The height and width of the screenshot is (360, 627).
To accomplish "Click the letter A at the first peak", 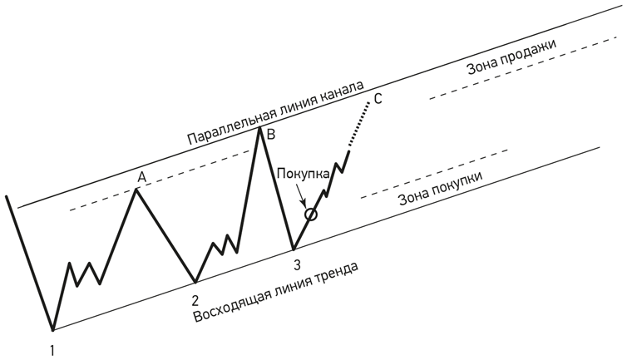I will (x=141, y=177).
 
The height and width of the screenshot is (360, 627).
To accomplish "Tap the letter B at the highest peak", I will (x=271, y=133).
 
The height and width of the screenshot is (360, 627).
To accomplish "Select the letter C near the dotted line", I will (x=378, y=100).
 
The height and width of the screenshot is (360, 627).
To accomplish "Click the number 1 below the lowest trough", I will (x=52, y=351).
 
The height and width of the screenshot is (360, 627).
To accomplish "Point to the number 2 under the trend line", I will (x=195, y=300).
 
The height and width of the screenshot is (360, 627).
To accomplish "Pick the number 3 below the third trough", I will (x=296, y=265).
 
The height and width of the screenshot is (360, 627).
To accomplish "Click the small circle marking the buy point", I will (x=311, y=215).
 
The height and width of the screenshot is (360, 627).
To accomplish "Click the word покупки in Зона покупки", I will (x=457, y=187).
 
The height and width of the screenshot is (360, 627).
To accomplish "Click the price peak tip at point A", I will (x=137, y=190).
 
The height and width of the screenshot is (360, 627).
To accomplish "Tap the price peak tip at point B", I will (x=262, y=127).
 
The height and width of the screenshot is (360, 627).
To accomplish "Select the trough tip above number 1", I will (x=52, y=329).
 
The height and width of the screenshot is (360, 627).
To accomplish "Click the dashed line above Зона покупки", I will (x=432, y=174).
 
